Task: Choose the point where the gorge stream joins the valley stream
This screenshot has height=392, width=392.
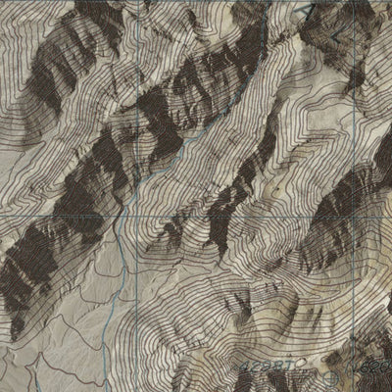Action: click(131, 196)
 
